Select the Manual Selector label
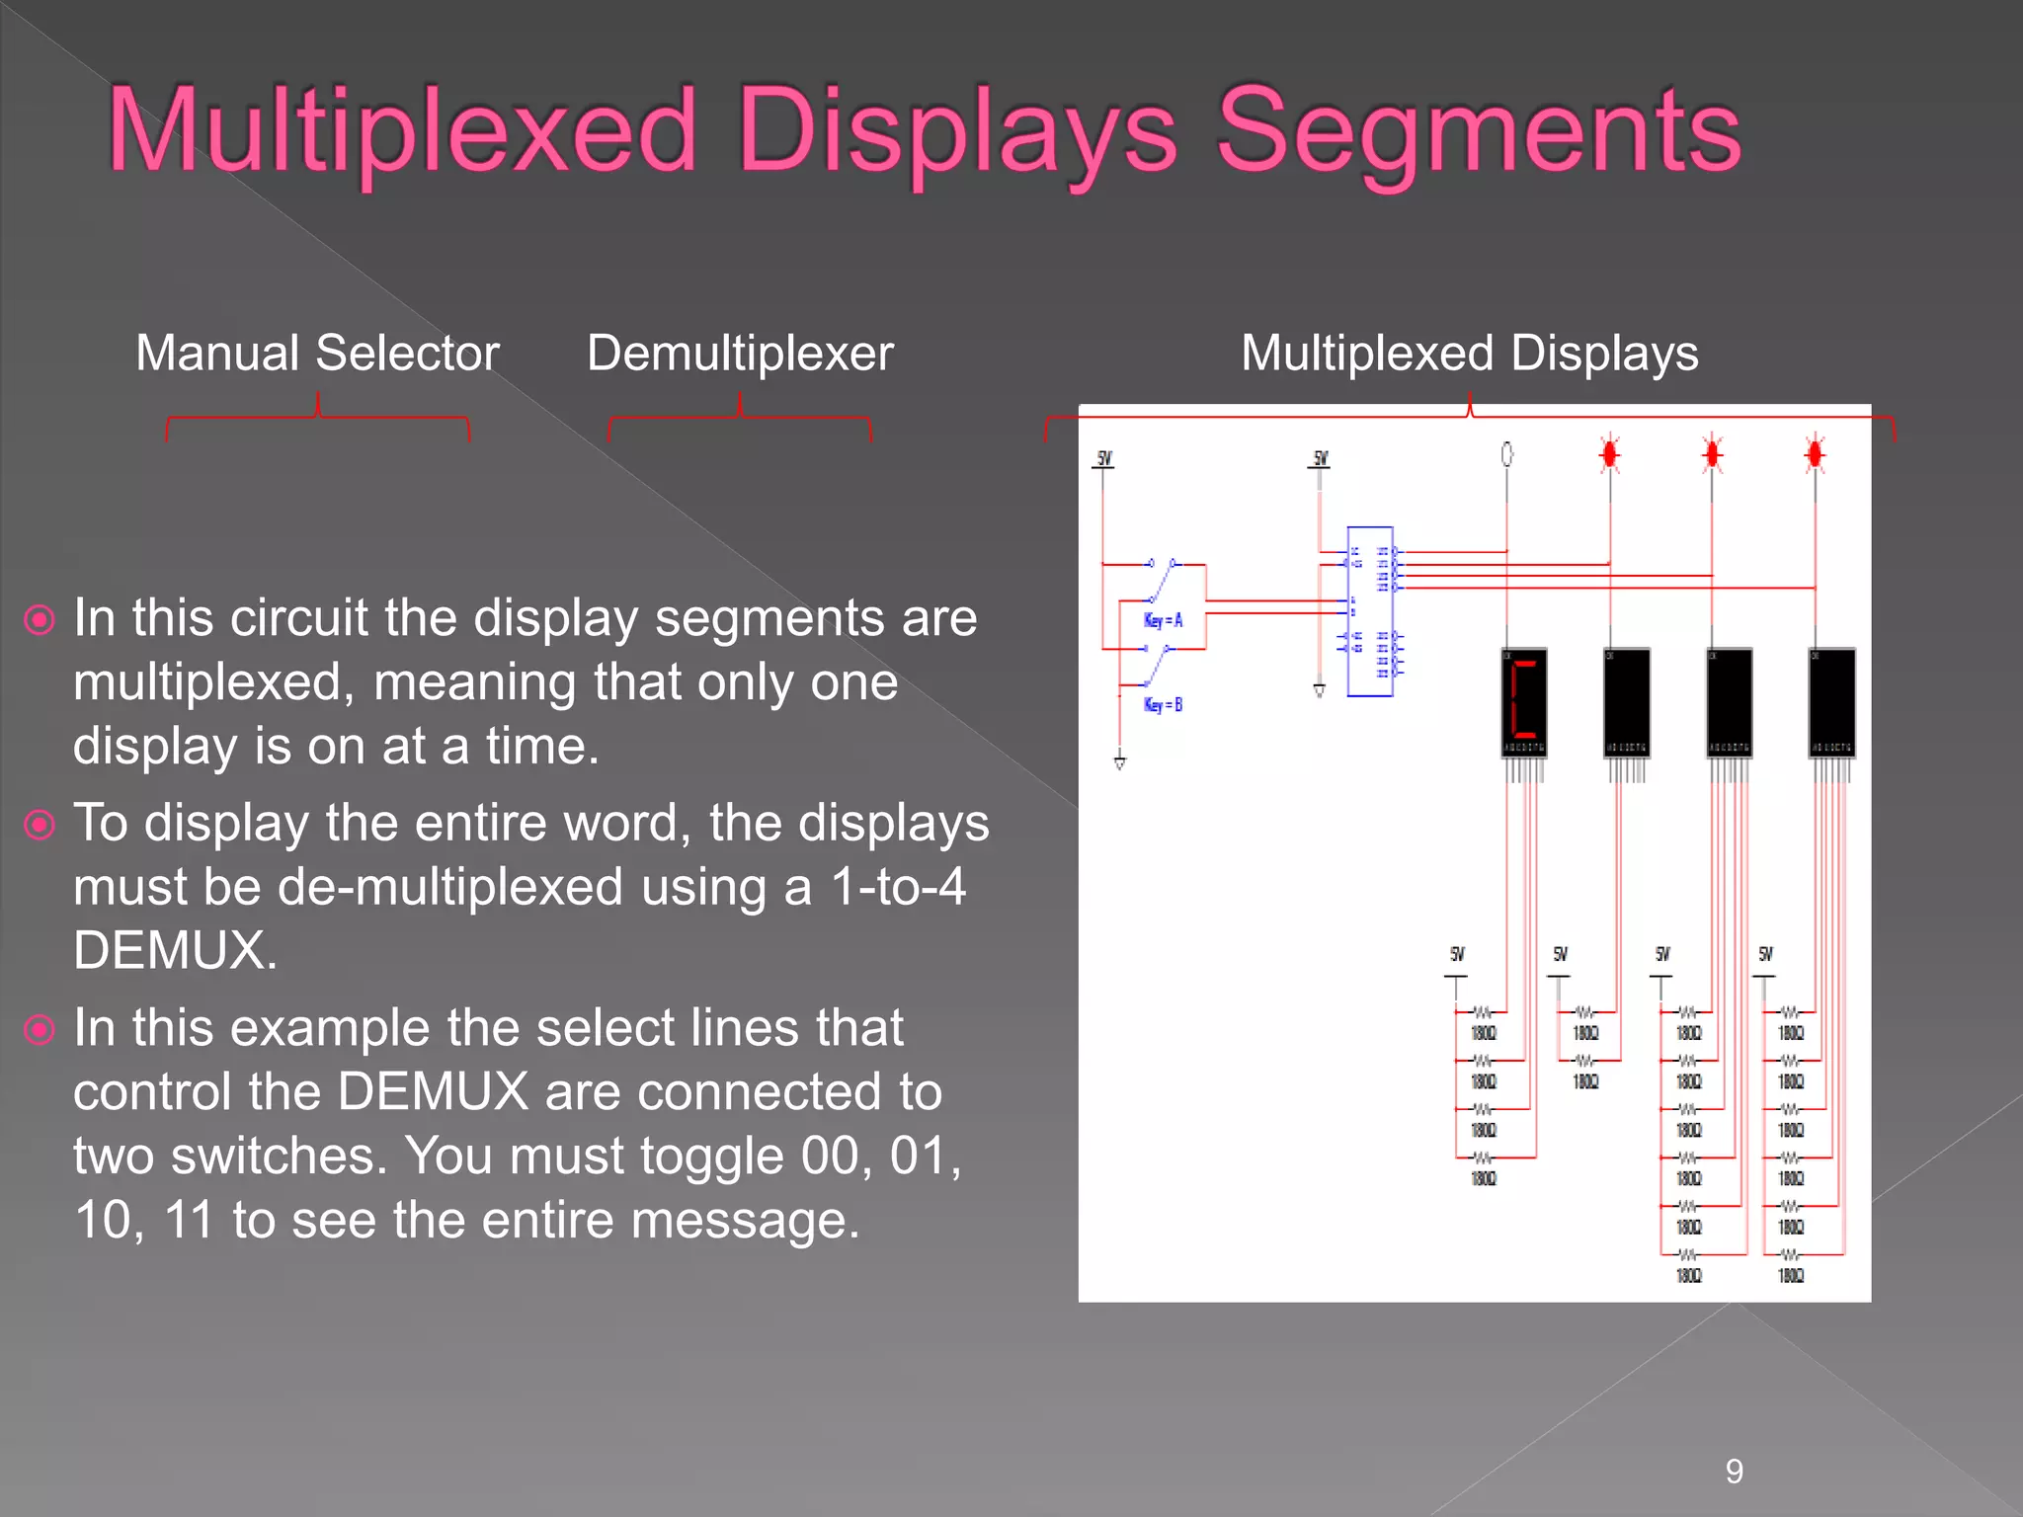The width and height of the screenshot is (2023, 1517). [317, 353]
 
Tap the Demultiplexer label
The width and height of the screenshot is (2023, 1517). [740, 353]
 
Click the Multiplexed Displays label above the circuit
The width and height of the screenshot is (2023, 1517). [1469, 353]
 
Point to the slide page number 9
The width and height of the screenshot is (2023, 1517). [1734, 1472]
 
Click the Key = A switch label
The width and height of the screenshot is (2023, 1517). [1163, 620]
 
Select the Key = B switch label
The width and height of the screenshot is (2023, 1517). [1163, 704]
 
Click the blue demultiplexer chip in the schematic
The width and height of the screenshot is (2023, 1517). [1370, 612]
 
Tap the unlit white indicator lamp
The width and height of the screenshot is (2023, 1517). [1506, 454]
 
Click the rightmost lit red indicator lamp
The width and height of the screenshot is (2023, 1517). [1815, 454]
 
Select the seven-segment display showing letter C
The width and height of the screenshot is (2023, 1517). [1524, 703]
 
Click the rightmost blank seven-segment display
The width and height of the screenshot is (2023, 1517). [1832, 703]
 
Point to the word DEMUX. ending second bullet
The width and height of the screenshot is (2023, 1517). [176, 950]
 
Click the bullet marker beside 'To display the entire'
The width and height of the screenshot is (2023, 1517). [40, 824]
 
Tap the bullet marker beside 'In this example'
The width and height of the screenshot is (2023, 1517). [40, 1029]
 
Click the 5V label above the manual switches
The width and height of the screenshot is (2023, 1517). [1104, 458]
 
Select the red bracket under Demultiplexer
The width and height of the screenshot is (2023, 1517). [739, 419]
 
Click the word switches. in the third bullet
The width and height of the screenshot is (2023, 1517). [280, 1156]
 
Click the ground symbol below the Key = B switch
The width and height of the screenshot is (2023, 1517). [1120, 762]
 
